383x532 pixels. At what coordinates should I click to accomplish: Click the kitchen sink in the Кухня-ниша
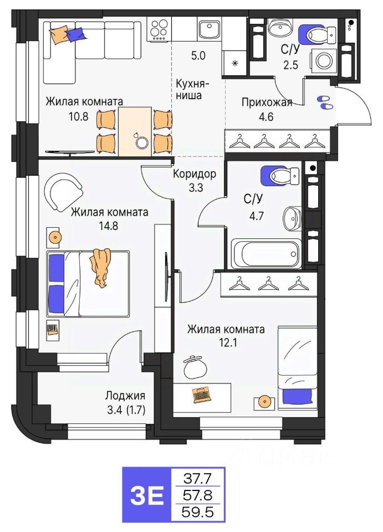point(210,29)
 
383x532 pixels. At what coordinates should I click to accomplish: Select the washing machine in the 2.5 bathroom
point(322,60)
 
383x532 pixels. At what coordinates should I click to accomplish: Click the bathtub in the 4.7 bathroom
point(266,254)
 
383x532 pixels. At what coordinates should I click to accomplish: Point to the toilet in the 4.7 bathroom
point(280,176)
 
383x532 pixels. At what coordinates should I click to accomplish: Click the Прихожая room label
point(267,103)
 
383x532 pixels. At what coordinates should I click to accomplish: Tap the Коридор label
point(195,174)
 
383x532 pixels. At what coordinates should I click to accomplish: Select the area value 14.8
point(109,226)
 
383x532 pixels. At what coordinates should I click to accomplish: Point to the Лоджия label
point(125,395)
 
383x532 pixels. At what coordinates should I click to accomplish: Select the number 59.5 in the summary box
point(197,511)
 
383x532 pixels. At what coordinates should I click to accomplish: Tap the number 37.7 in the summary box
point(197,479)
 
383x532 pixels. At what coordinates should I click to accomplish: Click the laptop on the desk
point(202,395)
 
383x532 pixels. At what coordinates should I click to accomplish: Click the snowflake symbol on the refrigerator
point(234,63)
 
